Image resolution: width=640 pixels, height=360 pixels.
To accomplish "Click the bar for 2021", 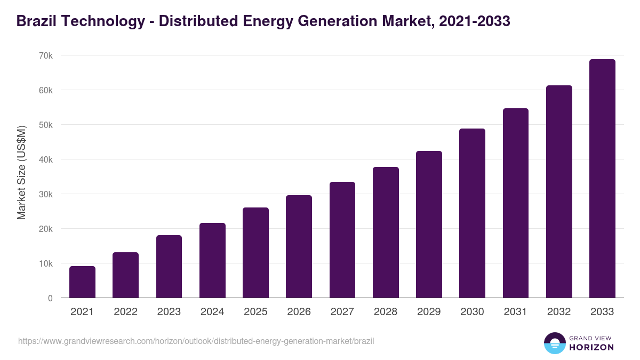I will coord(82,282).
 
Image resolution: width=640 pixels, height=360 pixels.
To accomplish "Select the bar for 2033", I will coord(602,179).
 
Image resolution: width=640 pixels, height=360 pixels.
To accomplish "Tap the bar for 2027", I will coord(342,240).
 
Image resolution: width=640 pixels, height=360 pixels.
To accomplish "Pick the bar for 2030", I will coord(472,213).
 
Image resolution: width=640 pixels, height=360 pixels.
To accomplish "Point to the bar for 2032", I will coord(559,191).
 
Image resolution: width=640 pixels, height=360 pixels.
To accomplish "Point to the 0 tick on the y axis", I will coord(50,298).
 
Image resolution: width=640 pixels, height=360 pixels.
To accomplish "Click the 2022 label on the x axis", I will coord(125,312).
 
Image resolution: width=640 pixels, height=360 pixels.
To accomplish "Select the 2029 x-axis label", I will coord(429,312).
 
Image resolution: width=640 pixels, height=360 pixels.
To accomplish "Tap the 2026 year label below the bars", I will coord(299,312).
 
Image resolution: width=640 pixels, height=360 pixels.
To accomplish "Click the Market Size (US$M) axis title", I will coord(21,172).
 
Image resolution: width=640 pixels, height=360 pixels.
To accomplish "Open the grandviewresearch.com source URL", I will coord(196,341).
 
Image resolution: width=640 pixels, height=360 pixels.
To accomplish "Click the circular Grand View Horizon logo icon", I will coord(555,343).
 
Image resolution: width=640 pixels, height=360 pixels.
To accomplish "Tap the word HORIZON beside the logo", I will coord(591,347).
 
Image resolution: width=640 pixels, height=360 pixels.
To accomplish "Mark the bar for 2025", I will coord(255,253).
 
